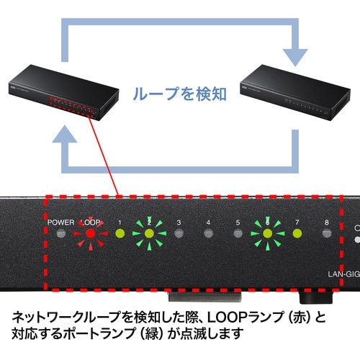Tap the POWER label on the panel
click(x=61, y=222)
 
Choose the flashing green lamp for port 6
click(x=268, y=233)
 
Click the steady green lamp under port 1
click(x=120, y=233)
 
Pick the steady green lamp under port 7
click(x=297, y=233)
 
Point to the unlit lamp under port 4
click(x=209, y=233)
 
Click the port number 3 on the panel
click(x=179, y=222)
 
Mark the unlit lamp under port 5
click(x=238, y=233)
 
